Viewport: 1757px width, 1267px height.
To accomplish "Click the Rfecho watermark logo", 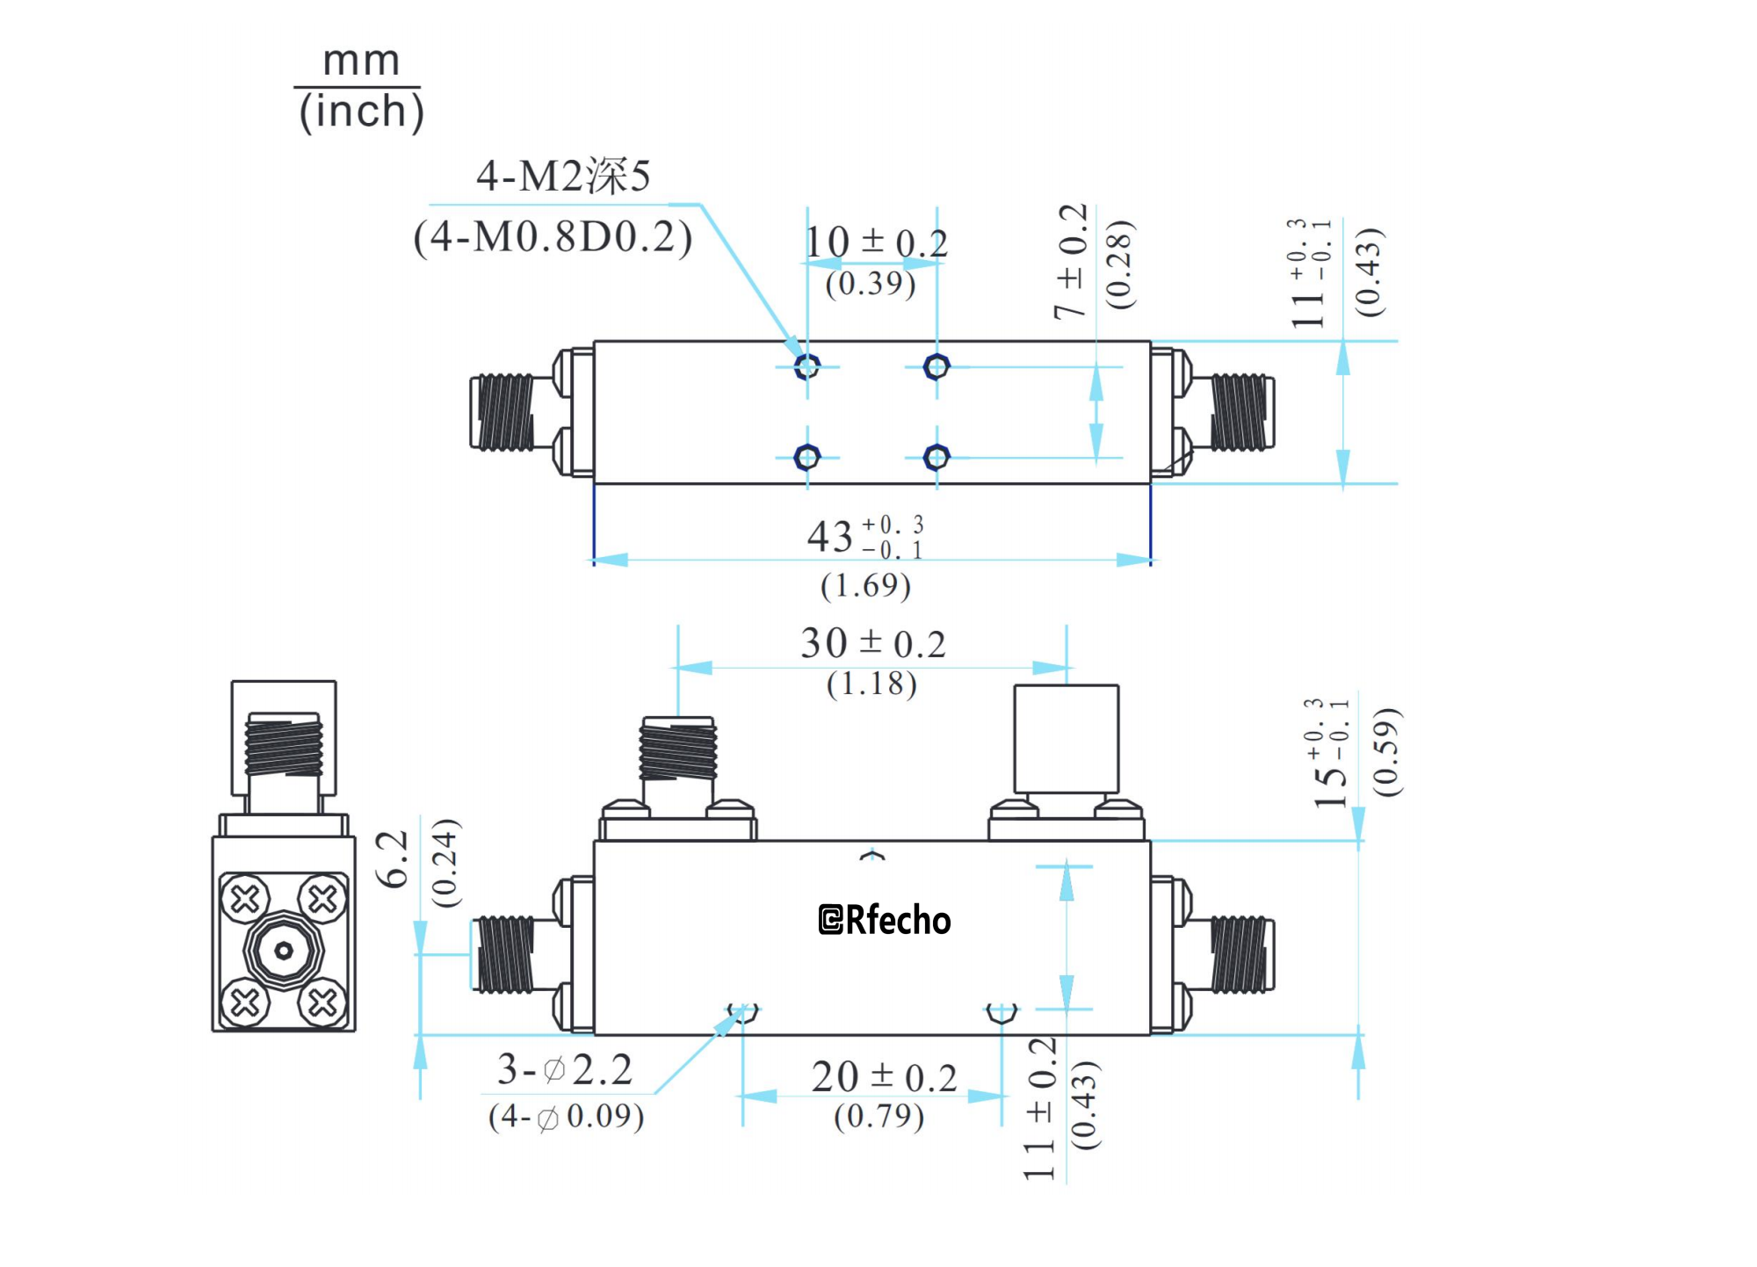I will click(x=884, y=920).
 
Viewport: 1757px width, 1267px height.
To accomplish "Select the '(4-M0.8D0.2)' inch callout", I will click(x=553, y=237).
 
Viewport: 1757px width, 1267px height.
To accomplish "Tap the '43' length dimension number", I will click(x=830, y=537).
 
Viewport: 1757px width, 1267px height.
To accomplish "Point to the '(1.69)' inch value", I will click(x=865, y=586).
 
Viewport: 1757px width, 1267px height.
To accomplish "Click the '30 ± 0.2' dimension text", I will click(x=872, y=644).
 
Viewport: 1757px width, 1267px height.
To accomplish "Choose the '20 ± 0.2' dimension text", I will click(x=883, y=1078).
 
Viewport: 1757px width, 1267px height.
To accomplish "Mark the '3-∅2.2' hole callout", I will click(x=565, y=1070).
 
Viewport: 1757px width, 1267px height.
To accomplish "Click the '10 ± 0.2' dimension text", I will click(x=876, y=243).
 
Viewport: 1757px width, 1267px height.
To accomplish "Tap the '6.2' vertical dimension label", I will click(x=393, y=858).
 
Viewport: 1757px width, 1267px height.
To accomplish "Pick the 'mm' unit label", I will click(x=361, y=62).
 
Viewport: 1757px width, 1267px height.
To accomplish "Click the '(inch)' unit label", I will click(x=361, y=112).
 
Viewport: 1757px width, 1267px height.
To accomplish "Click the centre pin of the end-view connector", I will click(x=284, y=951).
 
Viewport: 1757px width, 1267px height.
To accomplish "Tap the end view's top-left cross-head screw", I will click(x=245, y=899).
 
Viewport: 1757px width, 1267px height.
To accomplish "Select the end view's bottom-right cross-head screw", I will click(x=322, y=1003).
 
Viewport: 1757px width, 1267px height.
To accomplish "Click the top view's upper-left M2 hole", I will click(x=806, y=366).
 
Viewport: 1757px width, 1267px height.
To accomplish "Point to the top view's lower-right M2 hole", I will click(x=936, y=457).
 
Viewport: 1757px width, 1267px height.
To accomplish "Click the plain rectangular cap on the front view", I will click(x=1066, y=739).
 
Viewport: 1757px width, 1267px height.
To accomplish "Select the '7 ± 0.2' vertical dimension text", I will click(x=1071, y=261).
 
